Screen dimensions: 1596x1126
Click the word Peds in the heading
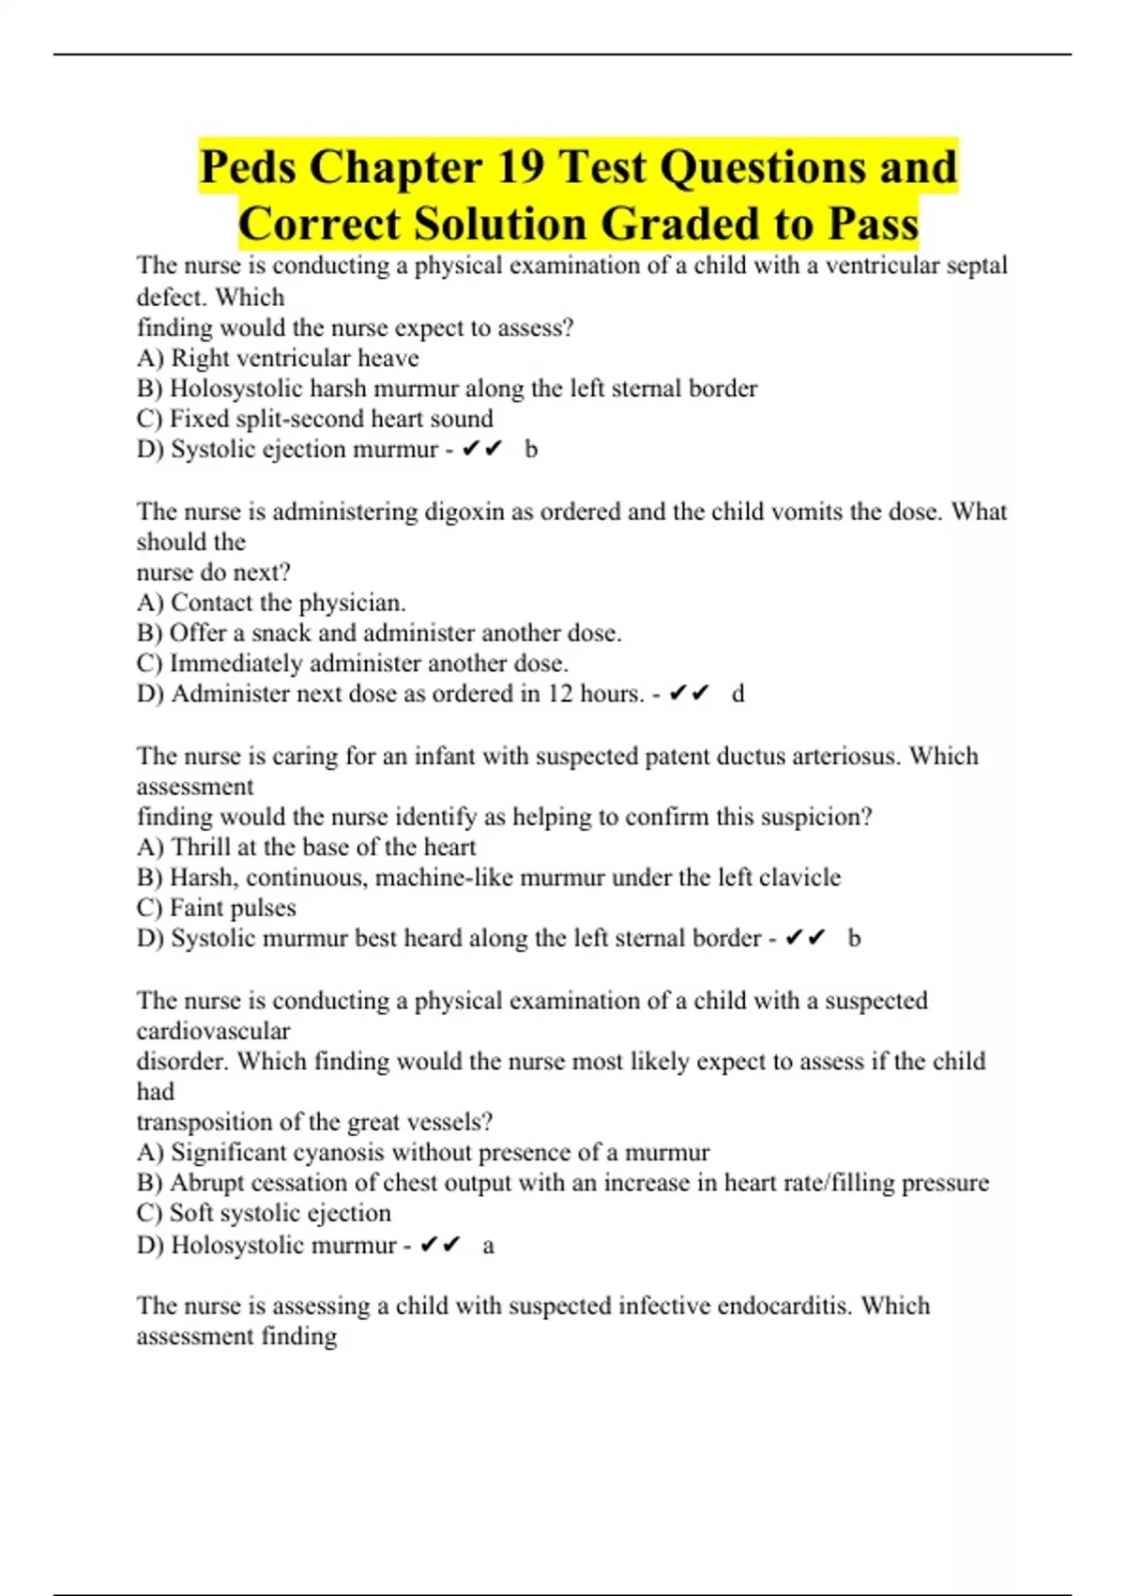click(248, 167)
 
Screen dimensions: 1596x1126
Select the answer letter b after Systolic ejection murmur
click(531, 449)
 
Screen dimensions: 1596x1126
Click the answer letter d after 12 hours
click(738, 694)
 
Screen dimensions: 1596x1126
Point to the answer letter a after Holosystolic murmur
click(488, 1246)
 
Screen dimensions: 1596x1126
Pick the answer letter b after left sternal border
click(854, 938)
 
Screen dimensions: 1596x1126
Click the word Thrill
click(200, 847)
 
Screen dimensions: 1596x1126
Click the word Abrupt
click(206, 1183)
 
